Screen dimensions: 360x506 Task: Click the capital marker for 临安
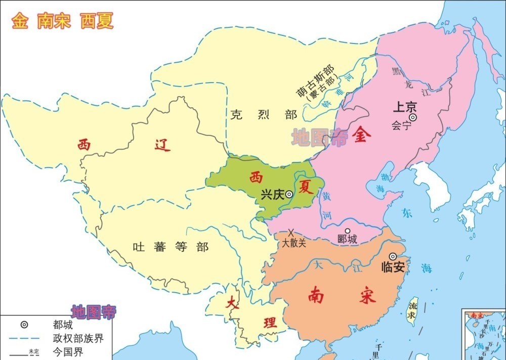tap(393, 257)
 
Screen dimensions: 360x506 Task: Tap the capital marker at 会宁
tap(413, 117)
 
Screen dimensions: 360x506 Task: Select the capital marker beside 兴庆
tap(289, 194)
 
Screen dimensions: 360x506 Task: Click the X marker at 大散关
tap(291, 232)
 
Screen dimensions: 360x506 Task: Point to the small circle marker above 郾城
tap(347, 230)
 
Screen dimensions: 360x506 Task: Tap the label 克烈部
tap(263, 114)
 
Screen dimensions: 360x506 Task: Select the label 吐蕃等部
tap(170, 247)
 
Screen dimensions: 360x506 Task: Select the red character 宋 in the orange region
tap(368, 296)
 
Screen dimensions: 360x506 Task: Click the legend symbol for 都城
tap(24, 325)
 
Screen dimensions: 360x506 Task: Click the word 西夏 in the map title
tap(97, 21)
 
